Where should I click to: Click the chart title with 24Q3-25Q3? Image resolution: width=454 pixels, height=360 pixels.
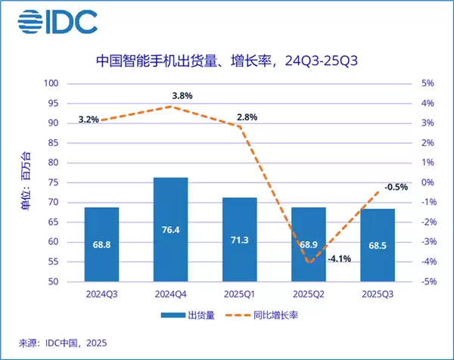[227, 60]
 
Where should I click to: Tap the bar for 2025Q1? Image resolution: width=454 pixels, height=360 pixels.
[239, 239]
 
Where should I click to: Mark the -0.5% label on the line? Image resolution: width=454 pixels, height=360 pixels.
[395, 187]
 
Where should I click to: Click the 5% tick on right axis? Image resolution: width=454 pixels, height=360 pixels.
[428, 83]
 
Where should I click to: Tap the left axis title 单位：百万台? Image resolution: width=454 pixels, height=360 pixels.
[29, 182]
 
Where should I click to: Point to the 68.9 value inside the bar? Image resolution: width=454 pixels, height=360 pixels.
[308, 247]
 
